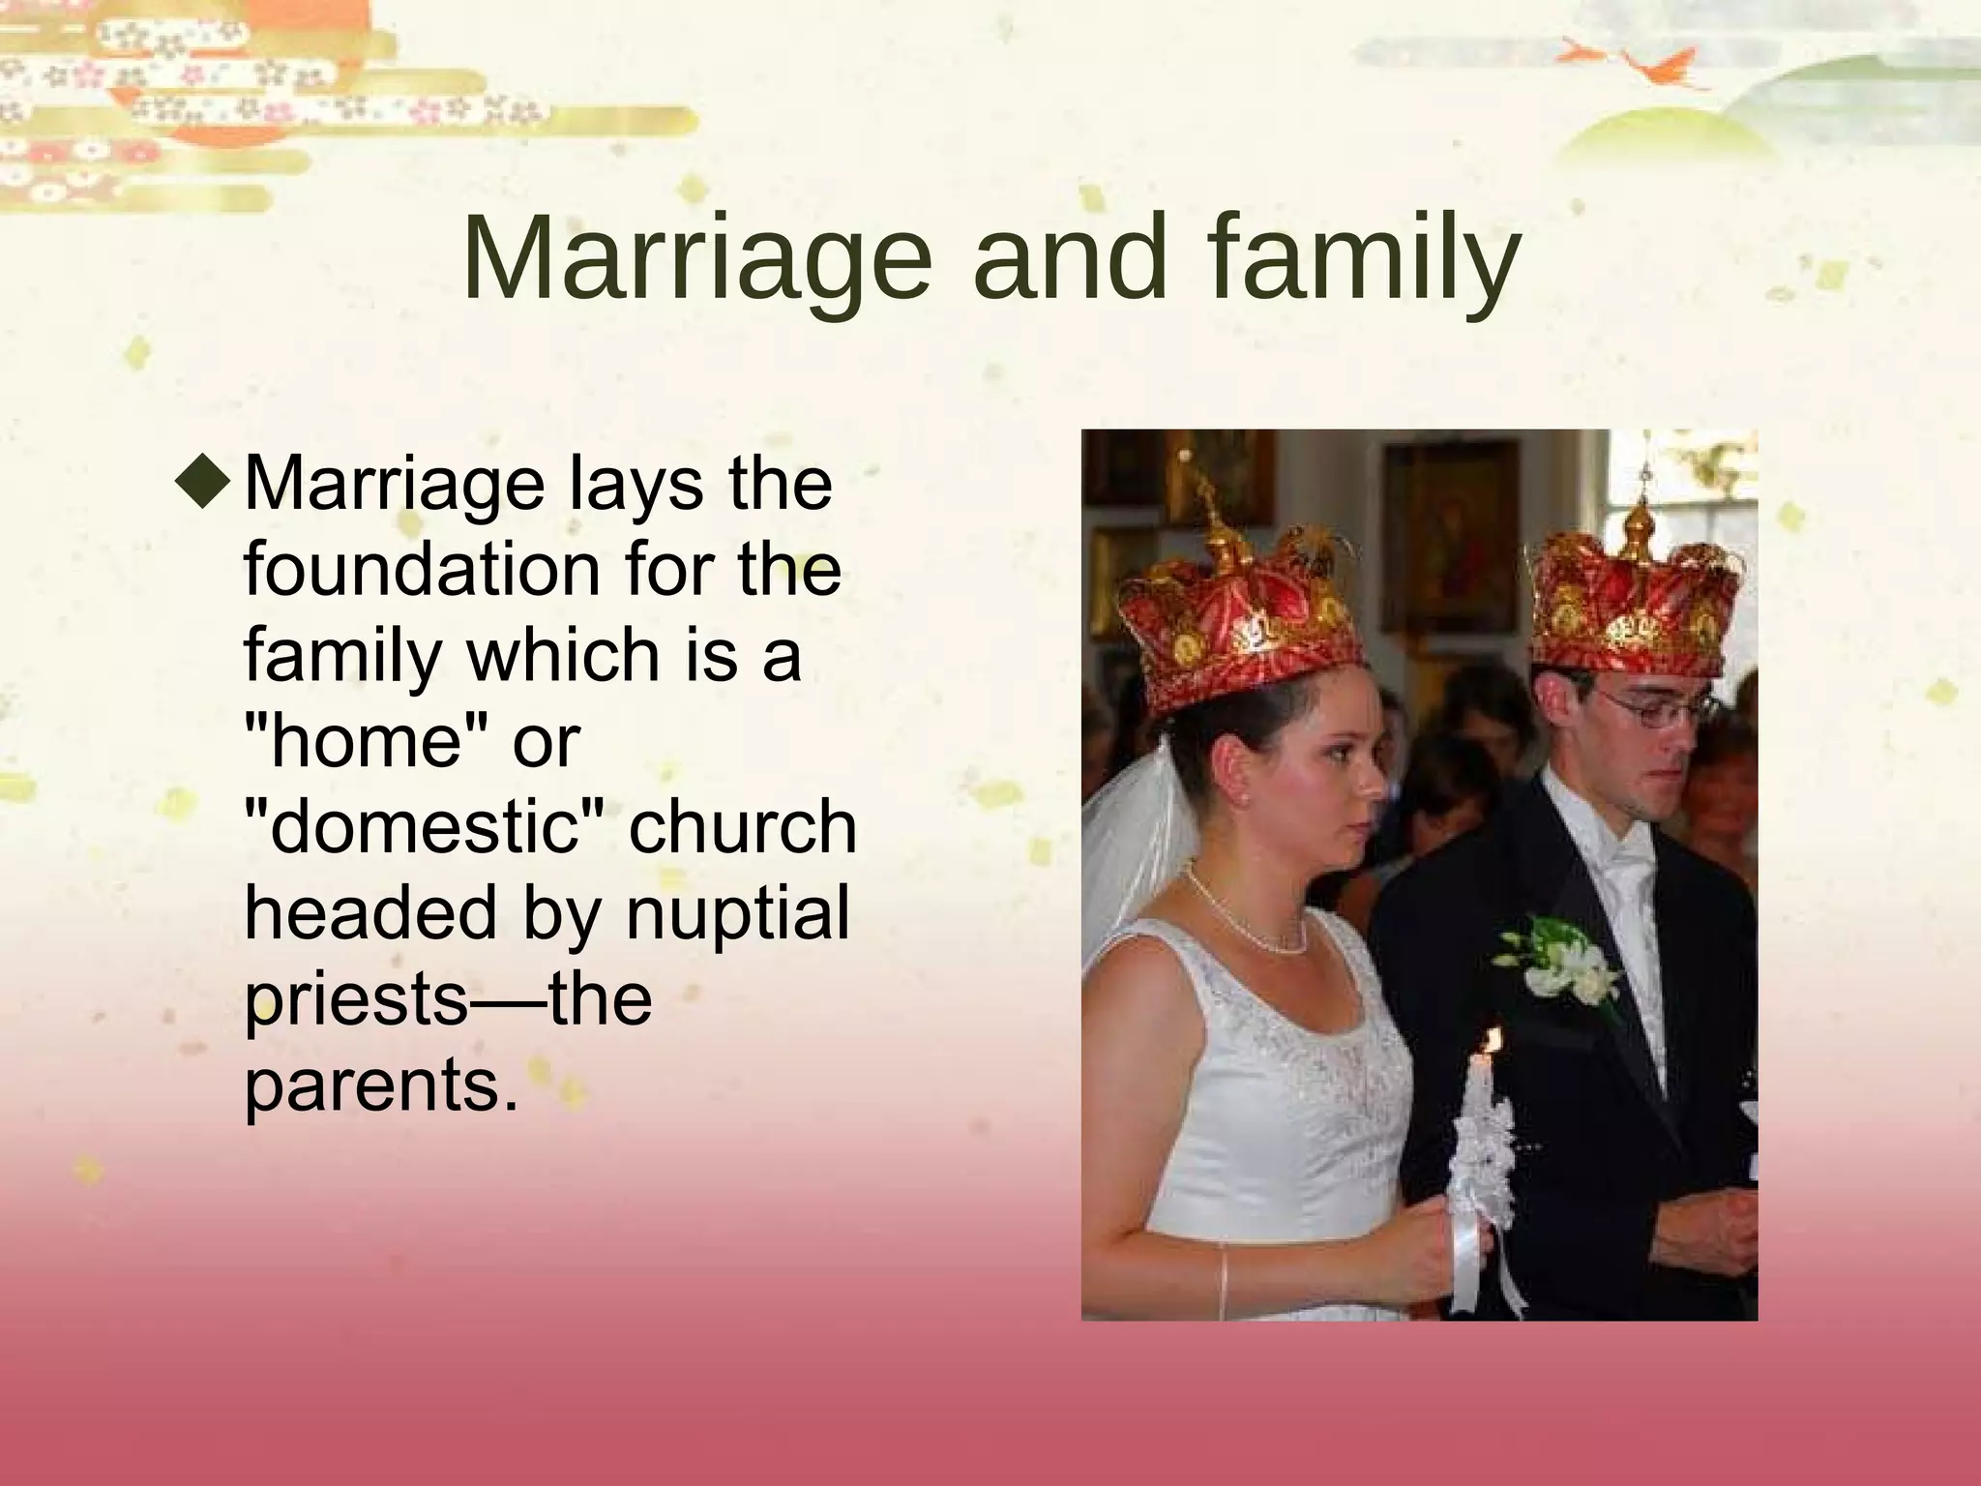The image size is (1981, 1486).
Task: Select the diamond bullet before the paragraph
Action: coord(204,481)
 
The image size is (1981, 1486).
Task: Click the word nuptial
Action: coord(737,912)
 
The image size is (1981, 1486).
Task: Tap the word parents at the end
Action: coord(371,1085)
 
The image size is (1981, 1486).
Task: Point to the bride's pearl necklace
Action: coord(1248,919)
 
